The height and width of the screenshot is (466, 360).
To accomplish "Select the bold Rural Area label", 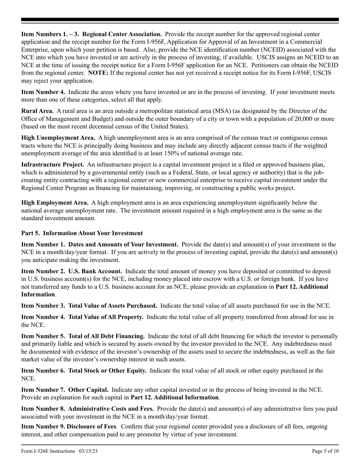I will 38,111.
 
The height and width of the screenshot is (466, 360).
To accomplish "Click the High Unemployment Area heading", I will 58,138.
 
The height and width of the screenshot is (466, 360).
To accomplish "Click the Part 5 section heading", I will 82,233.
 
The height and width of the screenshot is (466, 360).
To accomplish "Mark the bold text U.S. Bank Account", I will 95,271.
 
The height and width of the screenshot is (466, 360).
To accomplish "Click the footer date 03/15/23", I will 89,451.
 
